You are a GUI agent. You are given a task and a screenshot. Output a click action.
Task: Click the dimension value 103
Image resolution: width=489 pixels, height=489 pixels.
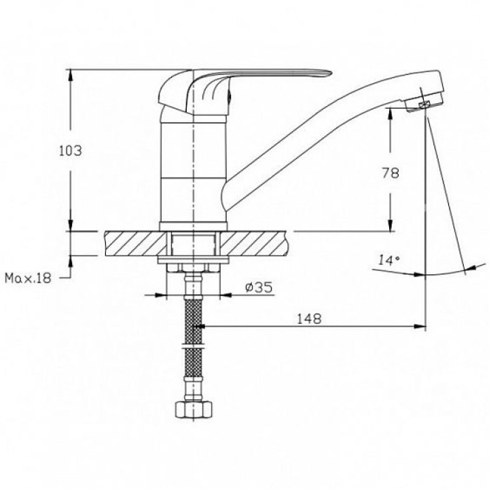70,151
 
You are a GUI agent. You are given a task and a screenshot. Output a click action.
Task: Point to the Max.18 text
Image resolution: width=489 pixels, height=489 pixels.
27,278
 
